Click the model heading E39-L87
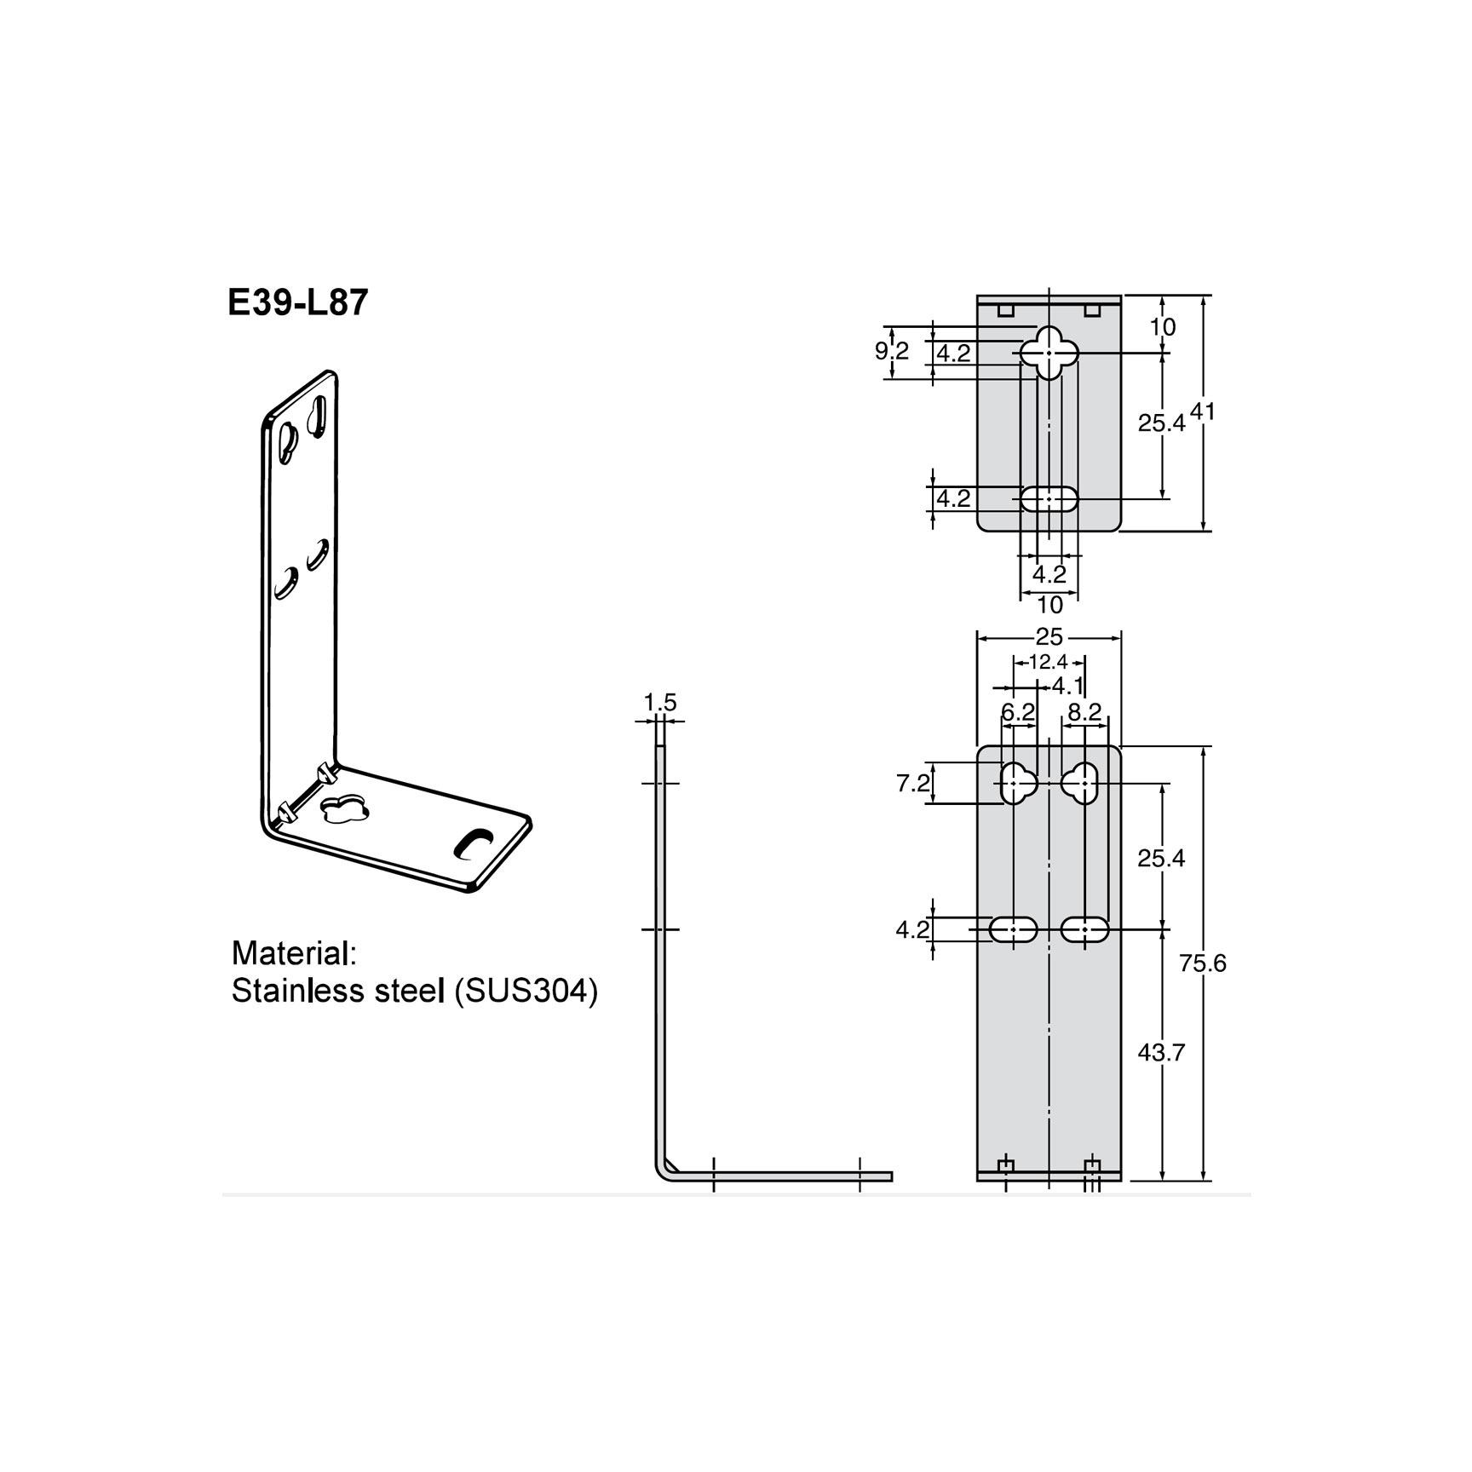click(x=297, y=302)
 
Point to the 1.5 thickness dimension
click(x=659, y=703)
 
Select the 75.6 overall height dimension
click(x=1202, y=963)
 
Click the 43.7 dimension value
click(x=1161, y=1053)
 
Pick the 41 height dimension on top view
click(x=1202, y=411)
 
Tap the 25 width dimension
click(x=1049, y=636)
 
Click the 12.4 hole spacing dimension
click(x=1048, y=662)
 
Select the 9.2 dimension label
click(x=891, y=351)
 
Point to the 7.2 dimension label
click(x=912, y=783)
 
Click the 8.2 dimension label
click(x=1084, y=712)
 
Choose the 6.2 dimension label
click(x=1017, y=712)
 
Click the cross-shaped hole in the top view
click(x=1049, y=352)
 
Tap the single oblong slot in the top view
click(x=1049, y=499)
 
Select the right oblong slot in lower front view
click(x=1084, y=929)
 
